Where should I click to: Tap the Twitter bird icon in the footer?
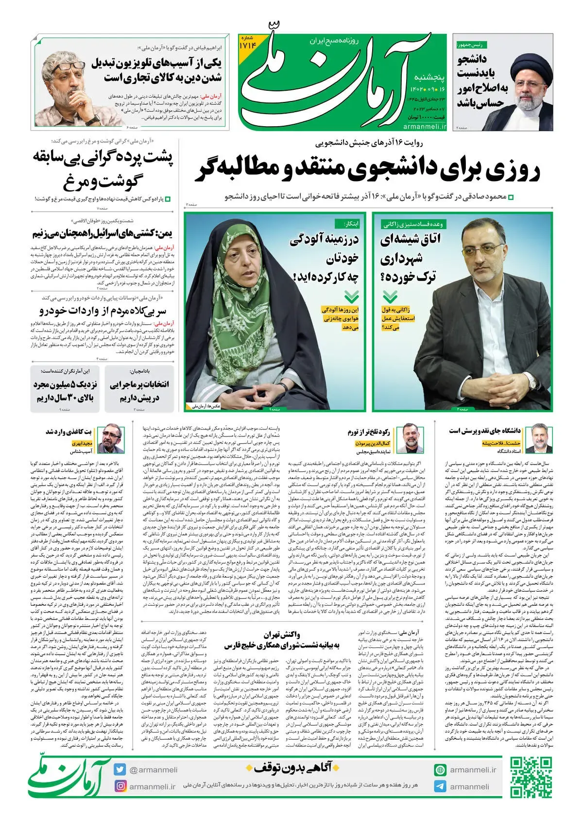120,769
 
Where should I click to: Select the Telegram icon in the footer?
440,786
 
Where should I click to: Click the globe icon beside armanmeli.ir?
440,770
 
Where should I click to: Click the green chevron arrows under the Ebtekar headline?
351,296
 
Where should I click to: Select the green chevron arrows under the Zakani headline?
390,296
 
